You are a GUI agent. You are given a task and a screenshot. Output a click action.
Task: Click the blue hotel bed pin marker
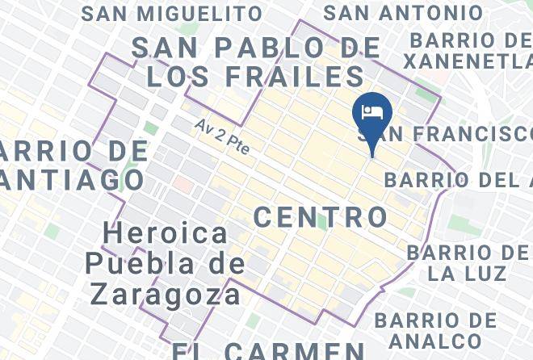pyautogui.click(x=372, y=118)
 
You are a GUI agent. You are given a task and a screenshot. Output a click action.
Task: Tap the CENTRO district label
pyautogui.click(x=321, y=216)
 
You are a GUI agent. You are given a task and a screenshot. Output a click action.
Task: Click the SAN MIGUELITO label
pyautogui.click(x=172, y=14)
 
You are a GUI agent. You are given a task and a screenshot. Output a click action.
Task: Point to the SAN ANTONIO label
pyautogui.click(x=403, y=13)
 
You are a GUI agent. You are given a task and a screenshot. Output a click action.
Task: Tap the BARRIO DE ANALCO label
pyautogui.click(x=435, y=330)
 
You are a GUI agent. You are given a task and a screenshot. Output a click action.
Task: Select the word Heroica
pyautogui.click(x=166, y=234)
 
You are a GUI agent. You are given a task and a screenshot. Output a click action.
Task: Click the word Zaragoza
pyautogui.click(x=166, y=293)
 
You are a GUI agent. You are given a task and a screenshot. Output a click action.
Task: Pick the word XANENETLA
pyautogui.click(x=468, y=61)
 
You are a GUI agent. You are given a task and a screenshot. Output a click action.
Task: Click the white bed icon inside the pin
pyautogui.click(x=372, y=111)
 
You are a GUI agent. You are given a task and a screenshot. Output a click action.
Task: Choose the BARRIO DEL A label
pyautogui.click(x=458, y=179)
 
